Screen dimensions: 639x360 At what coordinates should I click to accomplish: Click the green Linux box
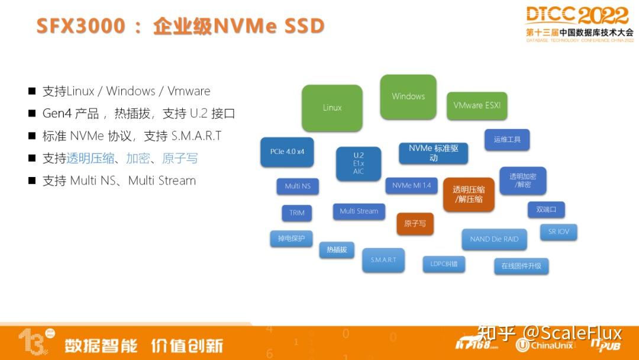coord(332,108)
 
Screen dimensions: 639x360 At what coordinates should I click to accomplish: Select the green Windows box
coord(408,96)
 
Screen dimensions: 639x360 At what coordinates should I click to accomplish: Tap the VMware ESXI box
coord(477,105)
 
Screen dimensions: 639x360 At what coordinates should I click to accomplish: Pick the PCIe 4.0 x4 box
coord(287,152)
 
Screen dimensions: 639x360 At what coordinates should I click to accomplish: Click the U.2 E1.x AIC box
coord(359,163)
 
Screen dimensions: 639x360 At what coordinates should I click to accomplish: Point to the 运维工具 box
coord(507,140)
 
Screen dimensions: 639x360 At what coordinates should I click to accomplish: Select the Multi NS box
coord(298,186)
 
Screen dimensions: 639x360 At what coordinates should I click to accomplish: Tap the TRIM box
coord(297,213)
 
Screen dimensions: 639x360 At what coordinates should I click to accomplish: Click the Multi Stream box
coord(359,211)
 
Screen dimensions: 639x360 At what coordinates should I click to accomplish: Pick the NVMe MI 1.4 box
coord(411,185)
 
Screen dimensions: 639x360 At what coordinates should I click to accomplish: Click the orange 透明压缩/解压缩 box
coord(469,194)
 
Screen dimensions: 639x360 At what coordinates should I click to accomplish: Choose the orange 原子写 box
coord(415,224)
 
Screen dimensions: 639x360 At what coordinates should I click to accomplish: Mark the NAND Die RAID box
coord(494,239)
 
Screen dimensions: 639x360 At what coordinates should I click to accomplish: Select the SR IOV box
coord(558,232)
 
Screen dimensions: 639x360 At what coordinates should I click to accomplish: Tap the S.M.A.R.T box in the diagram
coord(383,260)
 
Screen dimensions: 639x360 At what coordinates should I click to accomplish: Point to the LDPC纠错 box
coord(444,263)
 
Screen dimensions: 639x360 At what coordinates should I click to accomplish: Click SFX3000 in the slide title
coord(81,26)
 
